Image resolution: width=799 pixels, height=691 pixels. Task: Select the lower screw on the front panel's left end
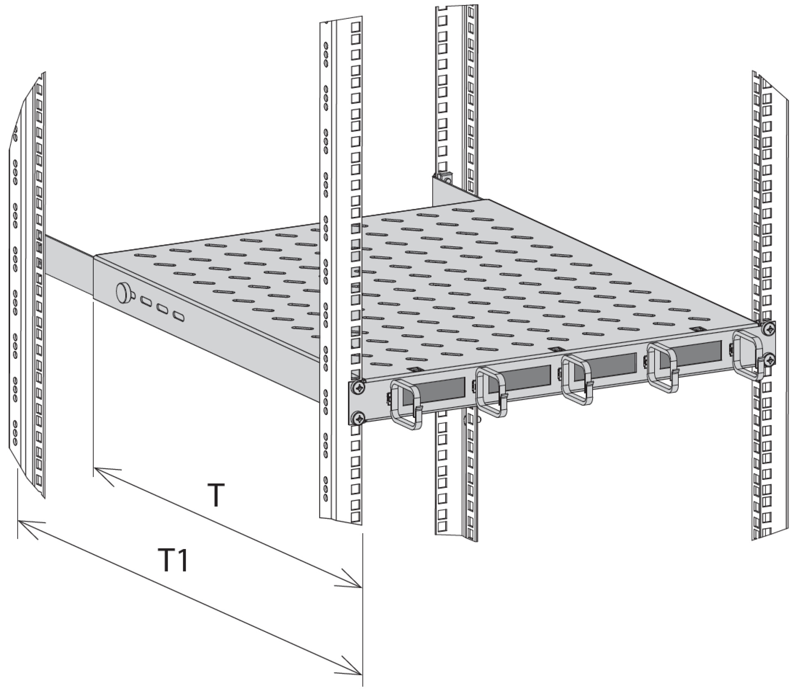point(357,418)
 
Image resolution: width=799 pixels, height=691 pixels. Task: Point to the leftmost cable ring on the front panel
point(405,404)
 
